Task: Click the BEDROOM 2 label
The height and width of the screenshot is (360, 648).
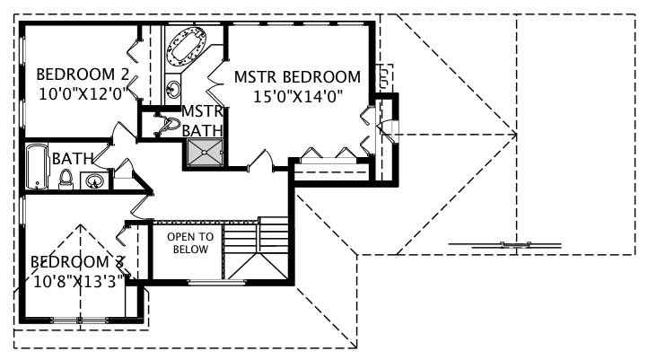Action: point(82,75)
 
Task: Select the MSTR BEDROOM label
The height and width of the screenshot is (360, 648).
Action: point(297,77)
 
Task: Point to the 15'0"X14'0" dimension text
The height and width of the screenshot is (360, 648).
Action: point(297,96)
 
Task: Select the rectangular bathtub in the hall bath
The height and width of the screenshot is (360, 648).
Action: point(37,166)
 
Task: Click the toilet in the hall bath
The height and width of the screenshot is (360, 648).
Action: point(65,180)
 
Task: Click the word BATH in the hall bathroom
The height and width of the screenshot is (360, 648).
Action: point(73,159)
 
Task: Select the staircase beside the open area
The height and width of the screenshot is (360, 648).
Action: point(256,249)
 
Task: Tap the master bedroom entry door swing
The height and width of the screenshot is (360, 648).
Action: point(260,161)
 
